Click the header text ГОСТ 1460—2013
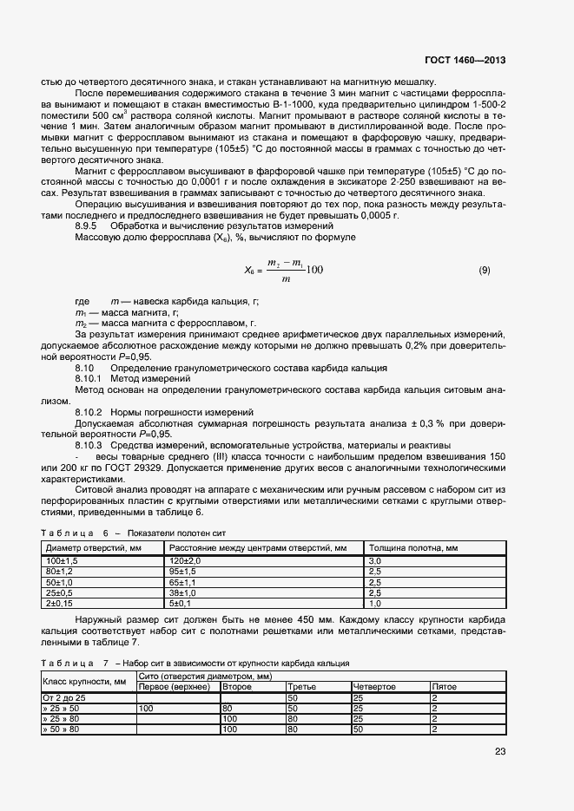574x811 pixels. point(465,62)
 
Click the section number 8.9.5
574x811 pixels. point(89,226)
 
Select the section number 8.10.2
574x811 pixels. point(89,411)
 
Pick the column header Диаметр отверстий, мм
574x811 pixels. point(87,548)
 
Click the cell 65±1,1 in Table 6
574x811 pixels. point(183,582)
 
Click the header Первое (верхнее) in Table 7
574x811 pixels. point(175,687)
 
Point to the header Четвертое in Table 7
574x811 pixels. point(373,687)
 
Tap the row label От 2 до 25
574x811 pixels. point(65,697)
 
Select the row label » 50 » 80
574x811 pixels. point(63,729)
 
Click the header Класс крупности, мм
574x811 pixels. point(84,682)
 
